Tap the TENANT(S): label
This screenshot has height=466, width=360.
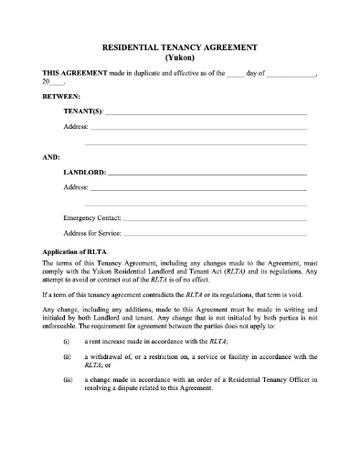point(83,111)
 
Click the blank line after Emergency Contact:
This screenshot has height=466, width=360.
point(215,221)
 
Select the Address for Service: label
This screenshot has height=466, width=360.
point(91,234)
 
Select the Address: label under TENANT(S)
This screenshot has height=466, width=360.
point(75,127)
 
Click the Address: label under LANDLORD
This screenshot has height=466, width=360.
point(75,187)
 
